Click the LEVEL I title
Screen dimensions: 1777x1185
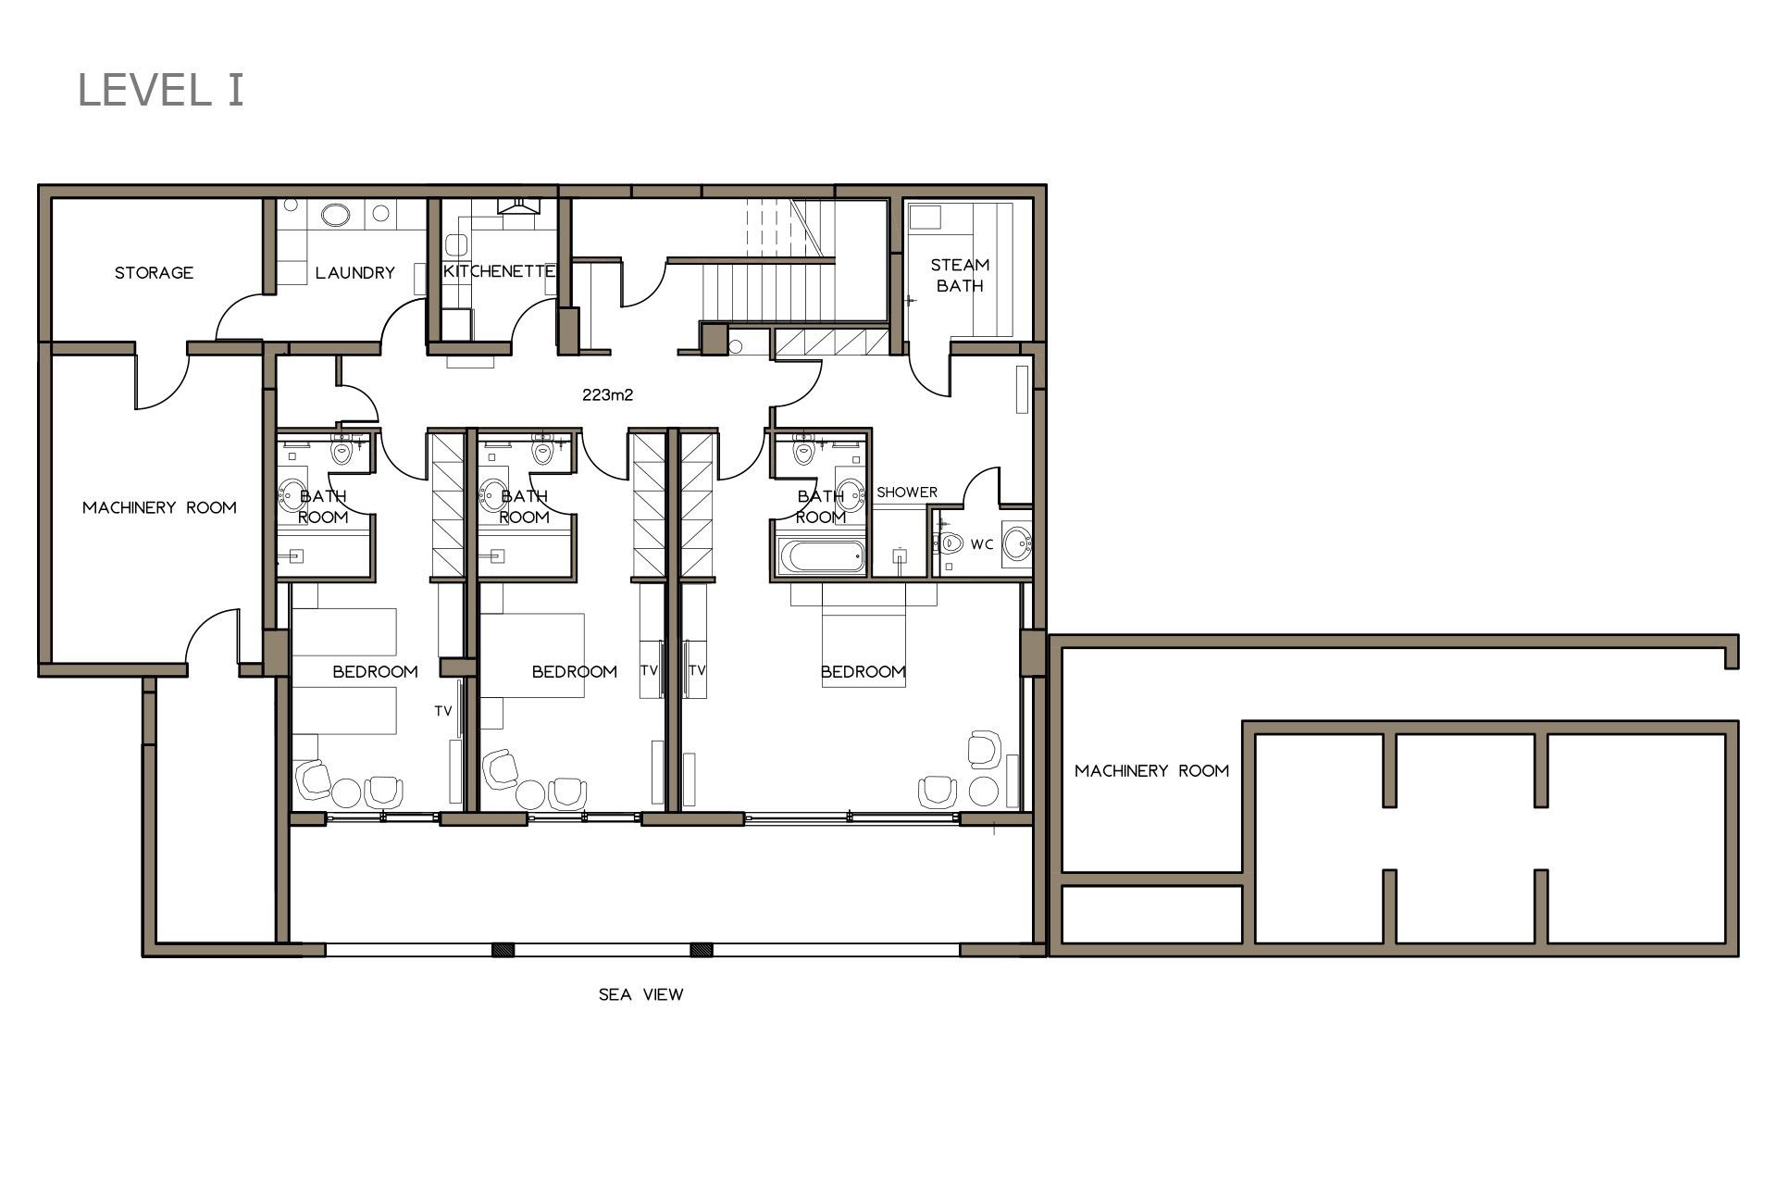tap(161, 90)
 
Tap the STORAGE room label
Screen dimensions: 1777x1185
tap(154, 272)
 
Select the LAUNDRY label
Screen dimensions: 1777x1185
tap(355, 272)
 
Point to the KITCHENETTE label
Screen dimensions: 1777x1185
tap(500, 270)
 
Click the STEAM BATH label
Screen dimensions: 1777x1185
tap(960, 275)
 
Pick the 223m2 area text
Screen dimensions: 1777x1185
tap(608, 394)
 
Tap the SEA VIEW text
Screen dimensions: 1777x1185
tap(640, 994)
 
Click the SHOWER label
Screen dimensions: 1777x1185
tap(907, 493)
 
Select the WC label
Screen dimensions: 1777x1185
tap(982, 544)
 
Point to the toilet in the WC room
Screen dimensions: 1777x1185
tap(950, 543)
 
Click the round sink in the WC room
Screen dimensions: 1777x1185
tap(1016, 543)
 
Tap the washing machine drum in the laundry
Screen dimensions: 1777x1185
tap(335, 215)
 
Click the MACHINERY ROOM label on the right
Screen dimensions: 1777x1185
tap(1152, 770)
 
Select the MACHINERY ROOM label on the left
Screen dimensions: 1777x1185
tap(159, 507)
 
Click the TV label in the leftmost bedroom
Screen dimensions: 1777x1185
tap(443, 711)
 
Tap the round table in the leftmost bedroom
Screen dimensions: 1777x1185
tap(346, 793)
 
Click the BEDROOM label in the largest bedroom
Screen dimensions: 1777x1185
tap(863, 671)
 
